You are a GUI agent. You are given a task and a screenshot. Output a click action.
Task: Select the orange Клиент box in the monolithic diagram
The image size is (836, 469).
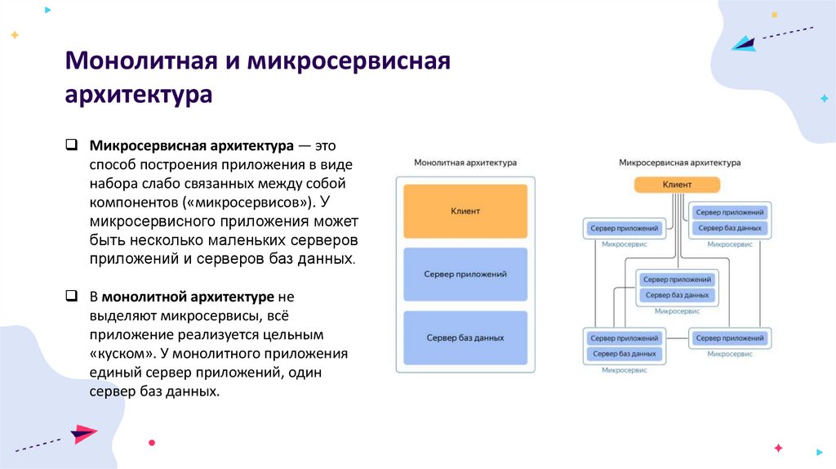(x=465, y=211)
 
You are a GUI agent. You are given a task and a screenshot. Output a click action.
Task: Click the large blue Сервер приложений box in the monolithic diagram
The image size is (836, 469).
(x=465, y=275)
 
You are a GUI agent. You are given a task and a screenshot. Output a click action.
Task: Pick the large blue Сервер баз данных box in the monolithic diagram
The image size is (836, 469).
(x=465, y=337)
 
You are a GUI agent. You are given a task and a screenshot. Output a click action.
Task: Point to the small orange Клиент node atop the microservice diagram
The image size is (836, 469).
(x=677, y=185)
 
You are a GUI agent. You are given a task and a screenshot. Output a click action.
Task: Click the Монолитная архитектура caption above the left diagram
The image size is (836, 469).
(x=465, y=163)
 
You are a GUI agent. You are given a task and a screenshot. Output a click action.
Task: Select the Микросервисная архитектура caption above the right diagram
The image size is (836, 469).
(x=679, y=163)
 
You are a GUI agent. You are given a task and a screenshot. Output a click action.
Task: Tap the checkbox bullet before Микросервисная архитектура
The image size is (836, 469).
(x=72, y=145)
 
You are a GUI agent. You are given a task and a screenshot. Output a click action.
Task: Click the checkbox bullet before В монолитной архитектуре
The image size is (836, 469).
(x=72, y=297)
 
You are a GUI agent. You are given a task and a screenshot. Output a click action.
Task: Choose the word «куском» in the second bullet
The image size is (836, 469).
(x=122, y=354)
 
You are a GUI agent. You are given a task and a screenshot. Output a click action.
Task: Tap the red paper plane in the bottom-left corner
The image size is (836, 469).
(x=83, y=433)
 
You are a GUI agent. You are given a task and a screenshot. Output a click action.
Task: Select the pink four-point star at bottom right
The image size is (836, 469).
(x=778, y=448)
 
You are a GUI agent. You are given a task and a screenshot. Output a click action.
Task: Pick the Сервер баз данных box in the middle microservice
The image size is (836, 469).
(x=677, y=295)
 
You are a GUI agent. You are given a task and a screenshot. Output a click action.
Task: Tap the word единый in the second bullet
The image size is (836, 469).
(x=118, y=373)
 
